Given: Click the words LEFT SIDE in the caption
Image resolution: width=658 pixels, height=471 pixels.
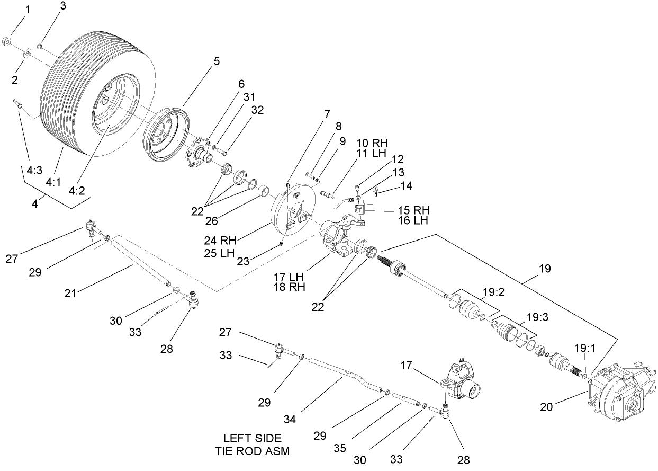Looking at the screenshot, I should click(x=252, y=439).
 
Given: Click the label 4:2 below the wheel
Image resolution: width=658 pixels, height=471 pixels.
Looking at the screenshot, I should click(x=78, y=190).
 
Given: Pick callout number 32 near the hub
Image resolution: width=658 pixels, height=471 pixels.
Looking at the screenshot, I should click(x=257, y=110).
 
